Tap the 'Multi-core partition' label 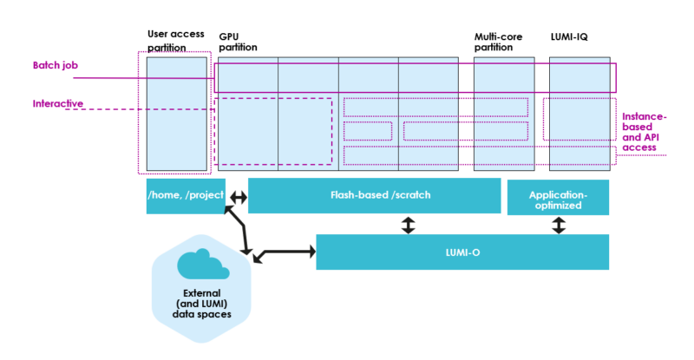(493, 43)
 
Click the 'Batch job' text (54, 65)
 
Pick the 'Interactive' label (58, 104)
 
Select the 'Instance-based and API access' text (645, 134)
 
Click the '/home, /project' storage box (186, 195)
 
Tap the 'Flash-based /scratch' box (374, 195)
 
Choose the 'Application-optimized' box (558, 196)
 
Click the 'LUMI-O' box (462, 252)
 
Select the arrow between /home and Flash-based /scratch (237, 198)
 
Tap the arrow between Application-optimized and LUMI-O (559, 225)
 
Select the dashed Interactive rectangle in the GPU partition (273, 130)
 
